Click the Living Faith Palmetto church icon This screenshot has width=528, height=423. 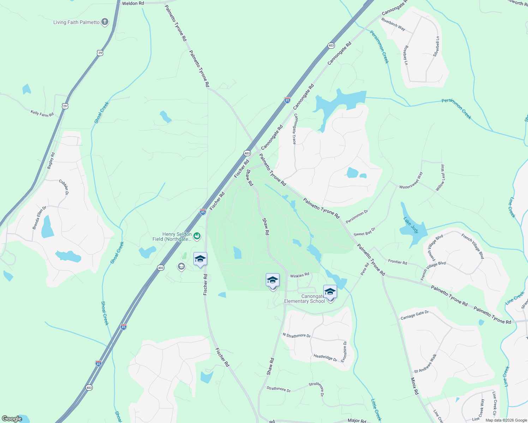(104, 22)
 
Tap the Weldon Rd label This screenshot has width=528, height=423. (133, 3)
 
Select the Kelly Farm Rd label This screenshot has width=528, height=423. (42, 114)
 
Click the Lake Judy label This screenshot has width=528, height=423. (411, 225)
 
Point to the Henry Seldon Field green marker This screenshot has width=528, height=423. (197, 236)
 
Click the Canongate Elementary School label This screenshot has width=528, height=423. (305, 299)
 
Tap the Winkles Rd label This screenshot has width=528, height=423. (299, 275)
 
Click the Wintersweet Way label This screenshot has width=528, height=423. (411, 181)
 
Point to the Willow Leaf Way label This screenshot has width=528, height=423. (440, 178)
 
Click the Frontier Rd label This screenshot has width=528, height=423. (397, 262)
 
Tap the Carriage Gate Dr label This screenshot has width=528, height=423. (414, 315)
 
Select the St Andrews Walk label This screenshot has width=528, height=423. (425, 363)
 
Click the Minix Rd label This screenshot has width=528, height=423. (414, 386)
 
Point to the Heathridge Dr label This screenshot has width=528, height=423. (325, 358)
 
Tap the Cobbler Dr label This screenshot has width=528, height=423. (64, 187)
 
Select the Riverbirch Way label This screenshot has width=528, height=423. (393, 24)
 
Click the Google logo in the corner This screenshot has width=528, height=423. (12, 419)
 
